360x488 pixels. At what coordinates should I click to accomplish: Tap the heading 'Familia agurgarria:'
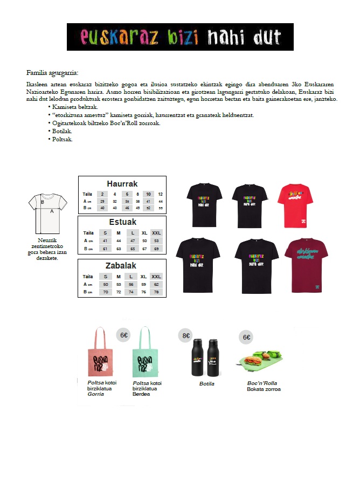click(52, 73)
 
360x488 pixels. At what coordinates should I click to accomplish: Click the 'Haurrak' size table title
click(122, 183)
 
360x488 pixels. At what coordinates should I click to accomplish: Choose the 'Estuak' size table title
click(122, 222)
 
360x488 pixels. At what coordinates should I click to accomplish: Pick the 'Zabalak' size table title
click(121, 266)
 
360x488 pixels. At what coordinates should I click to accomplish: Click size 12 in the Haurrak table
click(160, 194)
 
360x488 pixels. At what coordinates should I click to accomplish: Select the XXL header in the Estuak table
click(156, 232)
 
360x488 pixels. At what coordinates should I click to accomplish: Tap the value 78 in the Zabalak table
click(156, 292)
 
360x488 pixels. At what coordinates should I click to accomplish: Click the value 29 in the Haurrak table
click(102, 201)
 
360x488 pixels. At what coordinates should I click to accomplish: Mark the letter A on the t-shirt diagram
click(52, 212)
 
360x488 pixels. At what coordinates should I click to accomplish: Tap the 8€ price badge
click(186, 335)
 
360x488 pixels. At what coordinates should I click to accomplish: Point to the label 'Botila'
click(207, 384)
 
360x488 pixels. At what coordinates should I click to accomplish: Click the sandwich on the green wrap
click(253, 359)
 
